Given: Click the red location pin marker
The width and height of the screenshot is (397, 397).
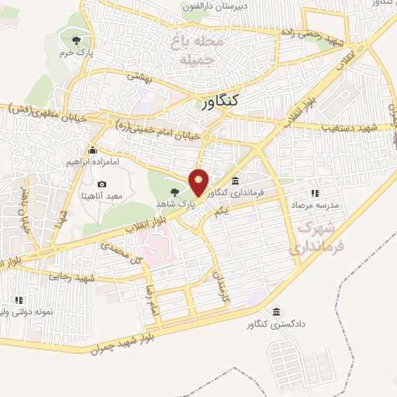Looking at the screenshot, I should pos(199,182).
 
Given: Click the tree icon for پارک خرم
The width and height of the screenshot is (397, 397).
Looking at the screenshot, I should pos(75,41).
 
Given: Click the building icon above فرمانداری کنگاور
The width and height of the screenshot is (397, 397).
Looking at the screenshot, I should pos(235,179).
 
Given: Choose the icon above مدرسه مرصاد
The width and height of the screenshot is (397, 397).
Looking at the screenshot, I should pos(314,193).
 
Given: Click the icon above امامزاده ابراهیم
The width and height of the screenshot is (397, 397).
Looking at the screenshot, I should pos(93,150).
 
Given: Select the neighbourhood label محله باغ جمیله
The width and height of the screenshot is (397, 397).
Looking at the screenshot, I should pos(189,49).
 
